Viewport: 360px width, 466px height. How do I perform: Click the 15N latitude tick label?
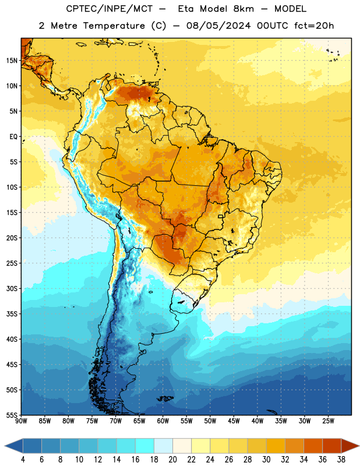(x=12, y=61)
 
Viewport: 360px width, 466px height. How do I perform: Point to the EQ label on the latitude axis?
(x=13, y=137)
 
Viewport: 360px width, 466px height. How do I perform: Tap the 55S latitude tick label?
(x=12, y=415)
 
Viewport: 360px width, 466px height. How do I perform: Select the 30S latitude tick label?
(x=12, y=288)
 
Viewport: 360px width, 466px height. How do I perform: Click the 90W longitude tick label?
(x=21, y=421)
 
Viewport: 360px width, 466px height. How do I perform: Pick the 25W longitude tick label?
(x=328, y=421)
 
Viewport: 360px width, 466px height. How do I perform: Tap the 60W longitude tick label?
(x=163, y=421)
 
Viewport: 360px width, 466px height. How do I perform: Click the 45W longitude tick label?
(x=234, y=421)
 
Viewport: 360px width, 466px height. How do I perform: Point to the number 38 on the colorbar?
(x=341, y=460)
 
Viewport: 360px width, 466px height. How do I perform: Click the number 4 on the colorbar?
(x=23, y=460)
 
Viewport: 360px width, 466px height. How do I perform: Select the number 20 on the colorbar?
(x=172, y=460)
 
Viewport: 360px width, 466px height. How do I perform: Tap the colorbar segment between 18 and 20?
(x=164, y=446)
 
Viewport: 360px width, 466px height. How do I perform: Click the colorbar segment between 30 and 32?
(x=276, y=446)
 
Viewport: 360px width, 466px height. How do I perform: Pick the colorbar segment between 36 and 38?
(x=332, y=446)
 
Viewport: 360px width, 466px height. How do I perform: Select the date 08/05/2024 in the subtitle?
(x=218, y=26)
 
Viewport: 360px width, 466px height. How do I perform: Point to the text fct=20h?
(x=314, y=26)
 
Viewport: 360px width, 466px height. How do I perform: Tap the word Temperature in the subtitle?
(x=114, y=26)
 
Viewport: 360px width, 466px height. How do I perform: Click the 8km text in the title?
(x=243, y=9)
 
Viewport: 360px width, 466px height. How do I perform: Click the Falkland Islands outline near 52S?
(x=165, y=398)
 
